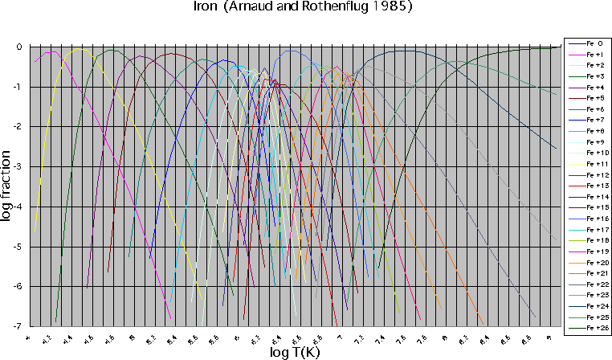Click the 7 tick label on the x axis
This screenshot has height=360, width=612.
pyautogui.click(x=339, y=340)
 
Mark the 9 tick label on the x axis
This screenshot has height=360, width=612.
pyautogui.click(x=548, y=340)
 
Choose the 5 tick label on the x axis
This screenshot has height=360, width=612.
pyautogui.click(x=132, y=340)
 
